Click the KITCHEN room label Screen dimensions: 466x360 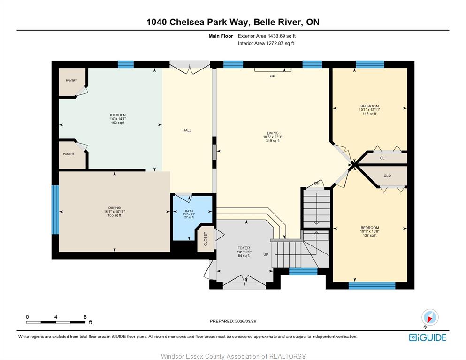[x=118, y=115]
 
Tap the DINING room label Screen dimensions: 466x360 [x=115, y=208]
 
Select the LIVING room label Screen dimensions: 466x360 [x=273, y=133]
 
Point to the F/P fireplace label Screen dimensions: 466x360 [x=272, y=76]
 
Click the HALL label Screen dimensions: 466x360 [x=187, y=130]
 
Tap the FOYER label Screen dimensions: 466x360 [x=244, y=248]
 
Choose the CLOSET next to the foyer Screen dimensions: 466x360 [x=206, y=239]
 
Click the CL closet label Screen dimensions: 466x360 [x=382, y=158]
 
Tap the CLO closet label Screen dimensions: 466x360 [x=387, y=176]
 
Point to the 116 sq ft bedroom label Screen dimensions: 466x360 [x=369, y=110]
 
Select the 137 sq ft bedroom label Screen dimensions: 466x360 [x=370, y=231]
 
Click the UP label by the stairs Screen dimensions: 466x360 [x=266, y=254]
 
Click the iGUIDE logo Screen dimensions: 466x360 [x=428, y=337]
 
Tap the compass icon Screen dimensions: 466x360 [x=430, y=317]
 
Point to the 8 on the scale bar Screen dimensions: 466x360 [x=85, y=317]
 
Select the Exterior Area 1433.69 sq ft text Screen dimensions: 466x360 [x=267, y=36]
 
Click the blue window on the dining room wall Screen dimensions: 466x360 [x=55, y=210]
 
